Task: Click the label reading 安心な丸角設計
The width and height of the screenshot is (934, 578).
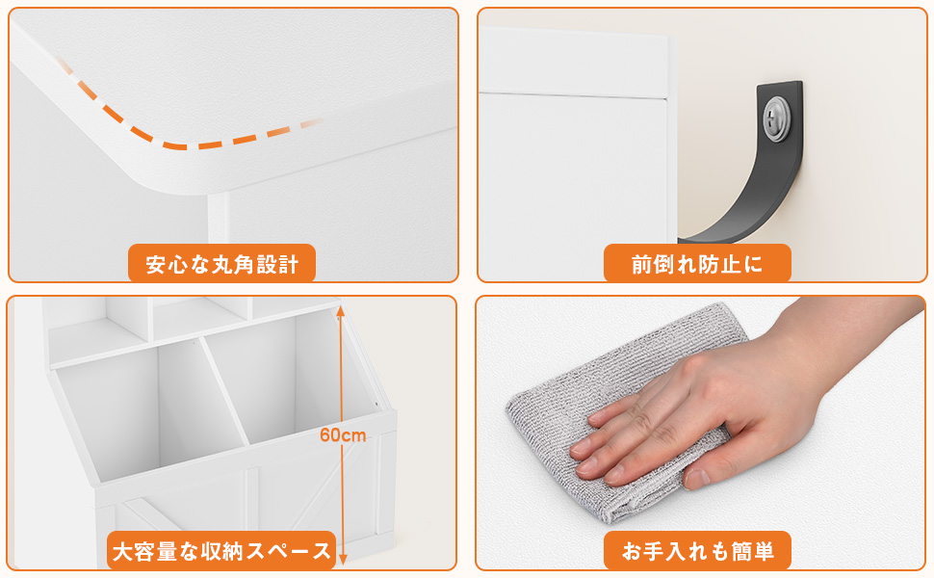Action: tap(222, 264)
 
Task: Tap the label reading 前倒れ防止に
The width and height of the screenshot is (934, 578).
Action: tap(697, 264)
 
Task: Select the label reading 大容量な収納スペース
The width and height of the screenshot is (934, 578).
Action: tap(221, 551)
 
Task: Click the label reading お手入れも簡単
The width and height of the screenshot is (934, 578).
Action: tap(697, 551)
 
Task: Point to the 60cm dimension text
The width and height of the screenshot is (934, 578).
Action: tap(343, 435)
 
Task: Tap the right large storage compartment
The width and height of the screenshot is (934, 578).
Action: tap(289, 385)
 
